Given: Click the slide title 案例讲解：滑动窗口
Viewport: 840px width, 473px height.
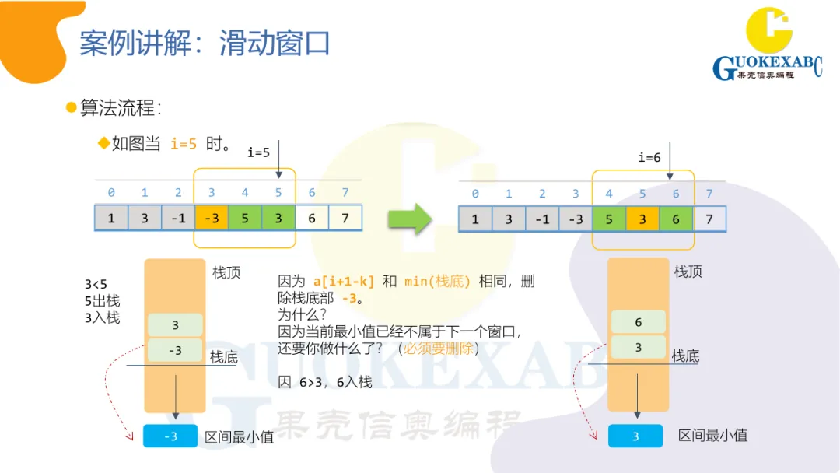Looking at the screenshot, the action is pyautogui.click(x=205, y=44).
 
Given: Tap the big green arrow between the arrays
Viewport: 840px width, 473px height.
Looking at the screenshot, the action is pyautogui.click(x=409, y=219).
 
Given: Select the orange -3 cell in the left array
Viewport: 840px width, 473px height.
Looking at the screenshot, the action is pyautogui.click(x=212, y=218).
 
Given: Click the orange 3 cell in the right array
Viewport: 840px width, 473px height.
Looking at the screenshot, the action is pyautogui.click(x=642, y=219).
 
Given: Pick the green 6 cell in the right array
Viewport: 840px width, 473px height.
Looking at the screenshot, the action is pyautogui.click(x=676, y=219).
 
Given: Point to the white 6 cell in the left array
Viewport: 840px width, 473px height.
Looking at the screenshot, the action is pyautogui.click(x=312, y=218).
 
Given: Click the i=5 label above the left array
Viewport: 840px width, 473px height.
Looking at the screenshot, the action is pyautogui.click(x=258, y=152).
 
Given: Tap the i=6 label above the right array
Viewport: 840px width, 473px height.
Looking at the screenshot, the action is pyautogui.click(x=649, y=158).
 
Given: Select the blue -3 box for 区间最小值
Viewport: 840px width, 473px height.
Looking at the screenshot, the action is pyautogui.click(x=170, y=436).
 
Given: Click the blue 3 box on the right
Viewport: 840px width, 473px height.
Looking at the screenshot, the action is pyautogui.click(x=635, y=436).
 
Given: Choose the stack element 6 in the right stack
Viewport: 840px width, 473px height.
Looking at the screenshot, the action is pyautogui.click(x=639, y=322).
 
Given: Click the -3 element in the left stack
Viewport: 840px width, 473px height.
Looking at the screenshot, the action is pyautogui.click(x=175, y=350).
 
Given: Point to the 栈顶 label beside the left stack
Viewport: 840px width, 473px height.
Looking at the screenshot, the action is pyautogui.click(x=226, y=273).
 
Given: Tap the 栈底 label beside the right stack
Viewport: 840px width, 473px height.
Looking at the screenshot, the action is pyautogui.click(x=685, y=356).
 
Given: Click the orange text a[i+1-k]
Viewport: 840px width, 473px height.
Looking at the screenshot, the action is pyautogui.click(x=343, y=281).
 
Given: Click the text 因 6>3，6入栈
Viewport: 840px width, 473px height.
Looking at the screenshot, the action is pyautogui.click(x=325, y=382).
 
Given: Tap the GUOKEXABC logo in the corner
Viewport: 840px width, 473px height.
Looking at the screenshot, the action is pyautogui.click(x=768, y=48).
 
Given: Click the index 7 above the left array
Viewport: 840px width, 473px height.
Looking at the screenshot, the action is pyautogui.click(x=345, y=192).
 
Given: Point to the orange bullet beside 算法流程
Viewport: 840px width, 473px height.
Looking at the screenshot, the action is pyautogui.click(x=72, y=107).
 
